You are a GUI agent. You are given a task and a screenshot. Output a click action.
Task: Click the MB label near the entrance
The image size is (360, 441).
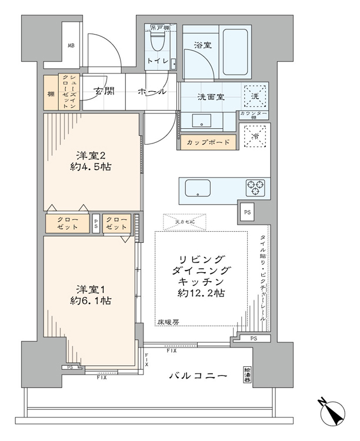point(71,46)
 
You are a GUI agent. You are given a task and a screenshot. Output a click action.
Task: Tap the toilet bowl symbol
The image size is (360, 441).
point(157,41)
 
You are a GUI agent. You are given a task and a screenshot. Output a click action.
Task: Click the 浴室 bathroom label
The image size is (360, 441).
point(202,44)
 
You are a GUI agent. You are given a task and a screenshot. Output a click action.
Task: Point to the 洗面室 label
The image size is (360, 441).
point(209,97)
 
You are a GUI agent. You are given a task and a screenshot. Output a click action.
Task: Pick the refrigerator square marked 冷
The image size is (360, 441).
point(255,138)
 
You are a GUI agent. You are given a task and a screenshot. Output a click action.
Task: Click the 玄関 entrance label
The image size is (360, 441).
point(104,91)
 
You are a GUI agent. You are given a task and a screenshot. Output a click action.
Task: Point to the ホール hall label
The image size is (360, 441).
point(152,92)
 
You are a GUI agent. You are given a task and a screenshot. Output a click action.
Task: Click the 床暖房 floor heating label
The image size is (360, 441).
point(168,322)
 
